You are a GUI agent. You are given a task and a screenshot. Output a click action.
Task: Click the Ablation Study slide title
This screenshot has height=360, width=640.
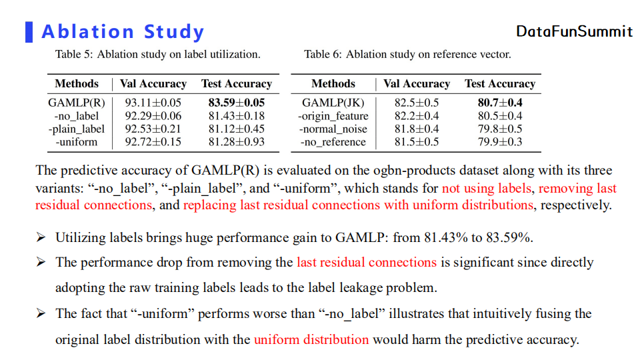[123, 31]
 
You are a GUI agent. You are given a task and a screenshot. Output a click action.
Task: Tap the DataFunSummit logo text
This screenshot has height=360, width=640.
[574, 31]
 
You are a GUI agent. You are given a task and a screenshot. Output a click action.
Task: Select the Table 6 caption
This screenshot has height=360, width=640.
[407, 55]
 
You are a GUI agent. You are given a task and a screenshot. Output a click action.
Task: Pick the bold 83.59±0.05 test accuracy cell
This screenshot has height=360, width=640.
[236, 103]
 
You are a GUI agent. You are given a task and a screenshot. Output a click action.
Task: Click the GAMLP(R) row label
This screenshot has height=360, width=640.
[77, 103]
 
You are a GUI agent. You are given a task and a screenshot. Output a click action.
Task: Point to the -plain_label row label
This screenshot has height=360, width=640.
[77, 129]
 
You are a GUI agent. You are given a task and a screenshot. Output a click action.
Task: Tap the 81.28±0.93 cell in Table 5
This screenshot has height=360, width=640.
[236, 141]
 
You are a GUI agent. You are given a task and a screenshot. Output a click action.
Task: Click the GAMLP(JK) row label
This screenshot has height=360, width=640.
[333, 103]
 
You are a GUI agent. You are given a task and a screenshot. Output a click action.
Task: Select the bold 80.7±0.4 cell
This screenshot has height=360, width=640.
[499, 103]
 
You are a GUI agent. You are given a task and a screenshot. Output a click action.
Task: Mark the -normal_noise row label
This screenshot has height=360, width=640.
[333, 129]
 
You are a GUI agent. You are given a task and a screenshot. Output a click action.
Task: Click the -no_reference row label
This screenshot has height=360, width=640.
[333, 141]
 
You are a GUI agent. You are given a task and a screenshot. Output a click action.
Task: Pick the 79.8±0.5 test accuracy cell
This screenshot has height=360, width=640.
[499, 129]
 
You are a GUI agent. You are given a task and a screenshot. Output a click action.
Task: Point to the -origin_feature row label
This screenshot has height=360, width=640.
[333, 116]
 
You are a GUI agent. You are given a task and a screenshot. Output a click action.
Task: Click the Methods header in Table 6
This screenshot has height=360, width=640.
[333, 84]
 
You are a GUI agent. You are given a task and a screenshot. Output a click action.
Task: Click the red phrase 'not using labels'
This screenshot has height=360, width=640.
[487, 189]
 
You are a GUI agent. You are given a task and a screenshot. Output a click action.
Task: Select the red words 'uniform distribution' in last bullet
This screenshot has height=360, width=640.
[311, 339]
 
